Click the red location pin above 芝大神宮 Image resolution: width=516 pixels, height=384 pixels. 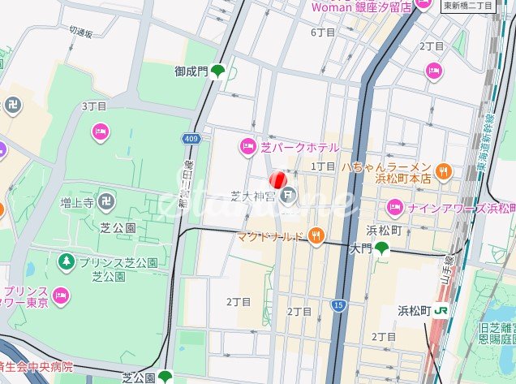(x=277, y=179)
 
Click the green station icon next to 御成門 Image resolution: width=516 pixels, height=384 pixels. (x=217, y=72)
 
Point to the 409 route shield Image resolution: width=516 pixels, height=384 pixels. (x=191, y=140)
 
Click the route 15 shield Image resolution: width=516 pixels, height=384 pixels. (x=338, y=304)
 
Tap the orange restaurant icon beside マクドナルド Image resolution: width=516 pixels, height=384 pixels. (x=316, y=236)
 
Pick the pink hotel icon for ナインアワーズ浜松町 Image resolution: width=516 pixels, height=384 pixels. (x=394, y=207)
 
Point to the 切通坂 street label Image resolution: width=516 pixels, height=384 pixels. (x=82, y=32)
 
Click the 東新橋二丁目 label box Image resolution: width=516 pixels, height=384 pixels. (x=469, y=6)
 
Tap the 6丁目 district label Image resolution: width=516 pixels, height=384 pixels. (x=323, y=32)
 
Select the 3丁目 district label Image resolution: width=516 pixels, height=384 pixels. (x=94, y=106)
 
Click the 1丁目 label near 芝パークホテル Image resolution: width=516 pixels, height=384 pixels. (x=323, y=166)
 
